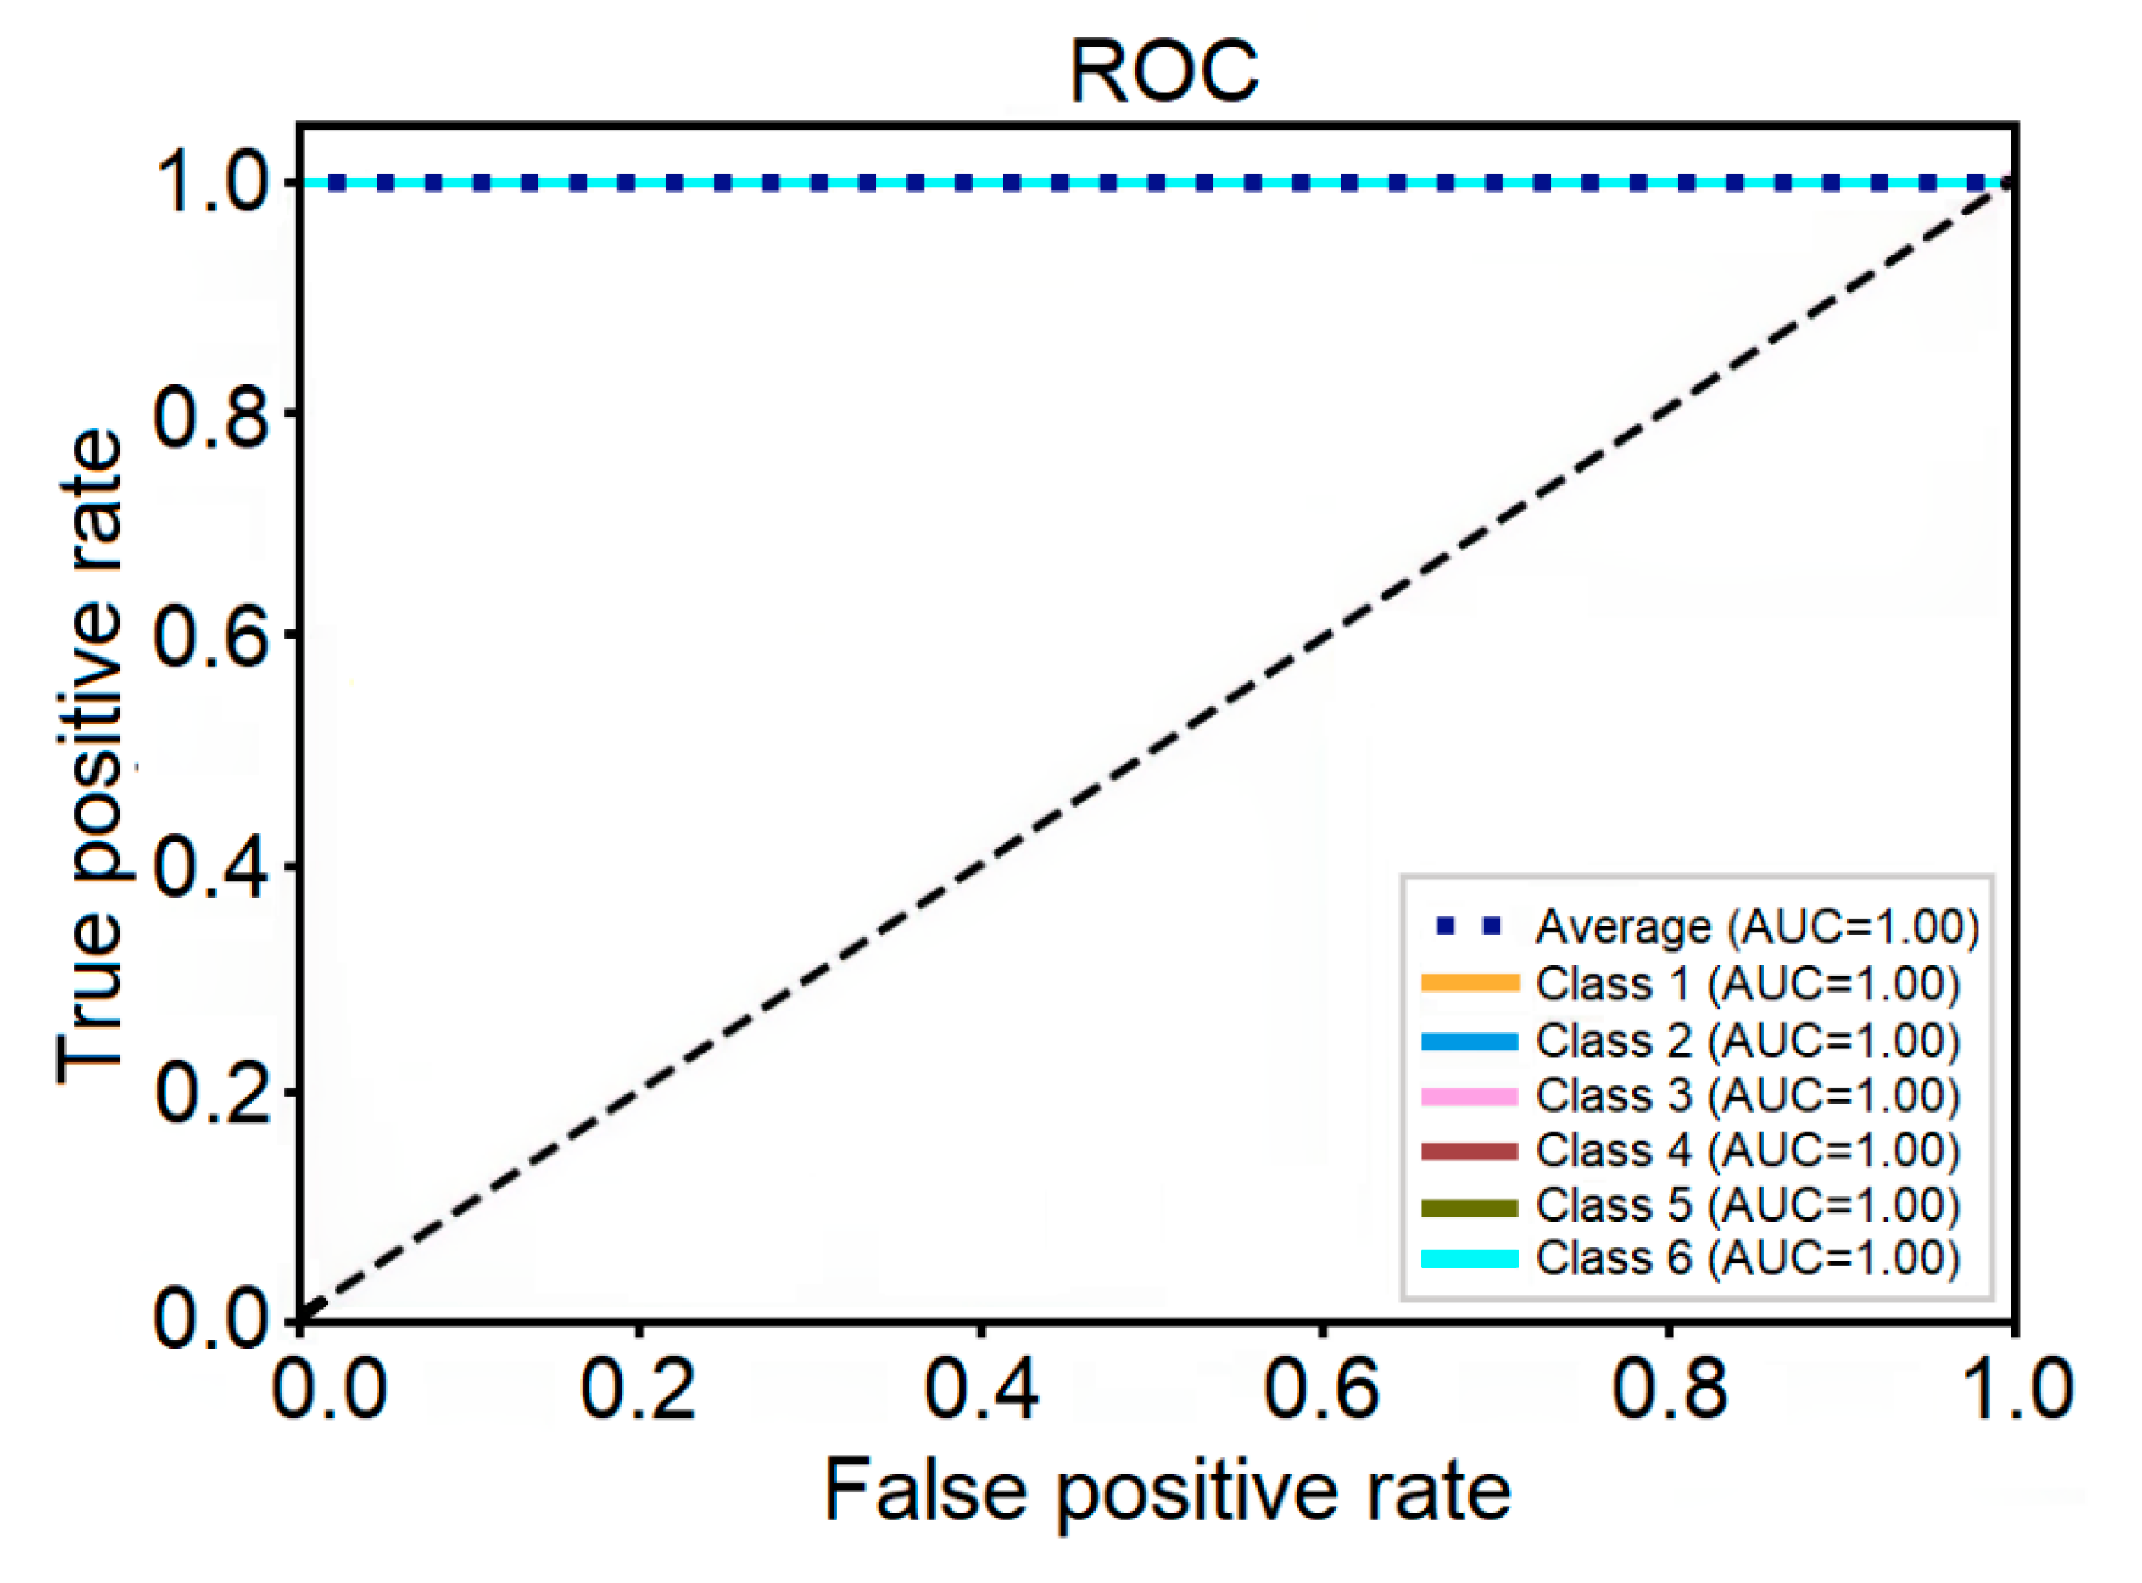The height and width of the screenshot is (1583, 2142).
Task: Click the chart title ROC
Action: click(1163, 72)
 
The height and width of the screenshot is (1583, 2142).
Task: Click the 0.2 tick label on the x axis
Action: click(637, 1389)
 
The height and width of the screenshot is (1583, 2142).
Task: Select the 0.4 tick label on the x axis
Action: click(981, 1389)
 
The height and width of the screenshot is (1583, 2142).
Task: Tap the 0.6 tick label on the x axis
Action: click(1321, 1389)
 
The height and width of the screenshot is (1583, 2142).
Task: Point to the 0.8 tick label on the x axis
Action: click(1670, 1389)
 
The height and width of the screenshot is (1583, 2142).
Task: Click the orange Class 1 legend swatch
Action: click(1470, 983)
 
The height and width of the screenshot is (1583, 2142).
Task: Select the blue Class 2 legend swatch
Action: click(1470, 1041)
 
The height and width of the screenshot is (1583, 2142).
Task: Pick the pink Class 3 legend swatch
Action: click(1470, 1096)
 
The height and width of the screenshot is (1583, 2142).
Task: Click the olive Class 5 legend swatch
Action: click(1470, 1206)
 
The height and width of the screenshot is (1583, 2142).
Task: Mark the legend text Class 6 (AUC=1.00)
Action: click(1749, 1258)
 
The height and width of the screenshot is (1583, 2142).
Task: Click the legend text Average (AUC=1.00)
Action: click(1758, 926)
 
